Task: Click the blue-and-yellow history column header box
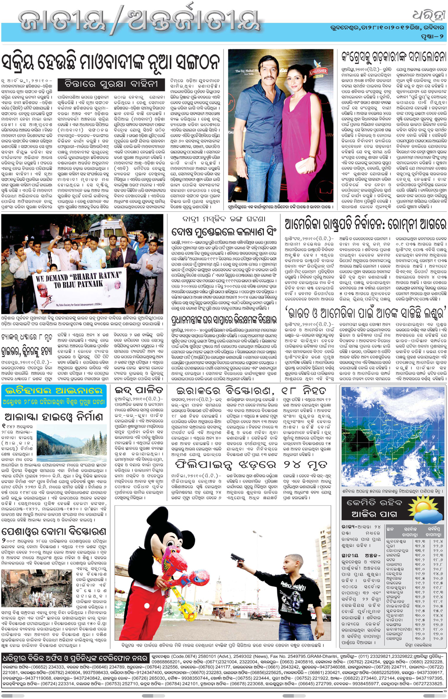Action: pyautogui.click(x=54, y=396)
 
